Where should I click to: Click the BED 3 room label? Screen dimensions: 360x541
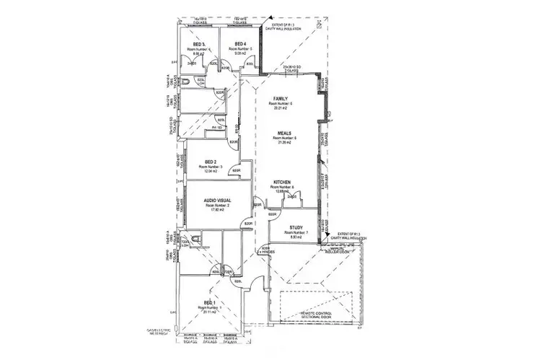198,45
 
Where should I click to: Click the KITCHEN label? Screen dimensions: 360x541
281,182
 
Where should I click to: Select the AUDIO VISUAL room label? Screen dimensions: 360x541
216,199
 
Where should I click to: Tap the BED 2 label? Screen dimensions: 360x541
211,162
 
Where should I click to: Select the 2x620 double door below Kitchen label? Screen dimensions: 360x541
291,196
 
